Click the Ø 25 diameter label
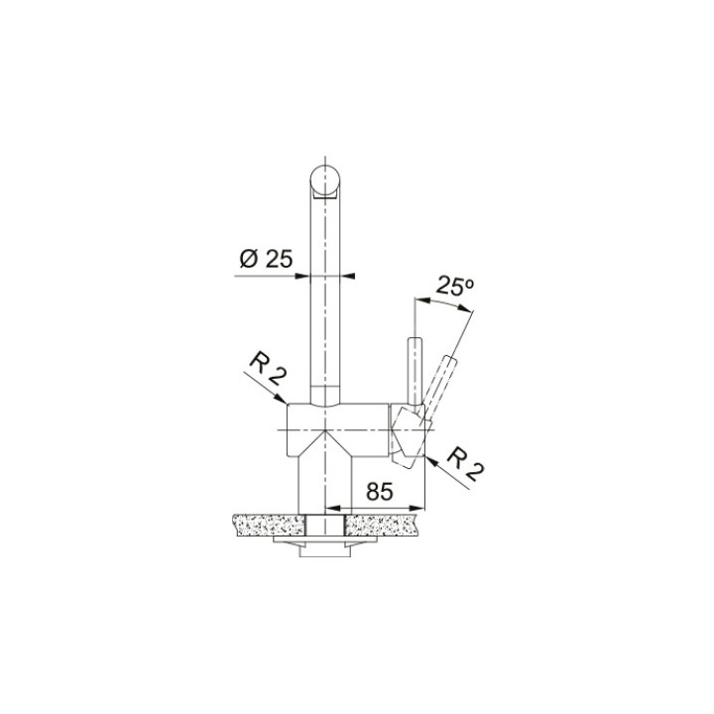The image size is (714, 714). [x=265, y=260]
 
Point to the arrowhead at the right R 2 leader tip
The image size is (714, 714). [x=420, y=457]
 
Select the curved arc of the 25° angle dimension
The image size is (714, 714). [x=442, y=302]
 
